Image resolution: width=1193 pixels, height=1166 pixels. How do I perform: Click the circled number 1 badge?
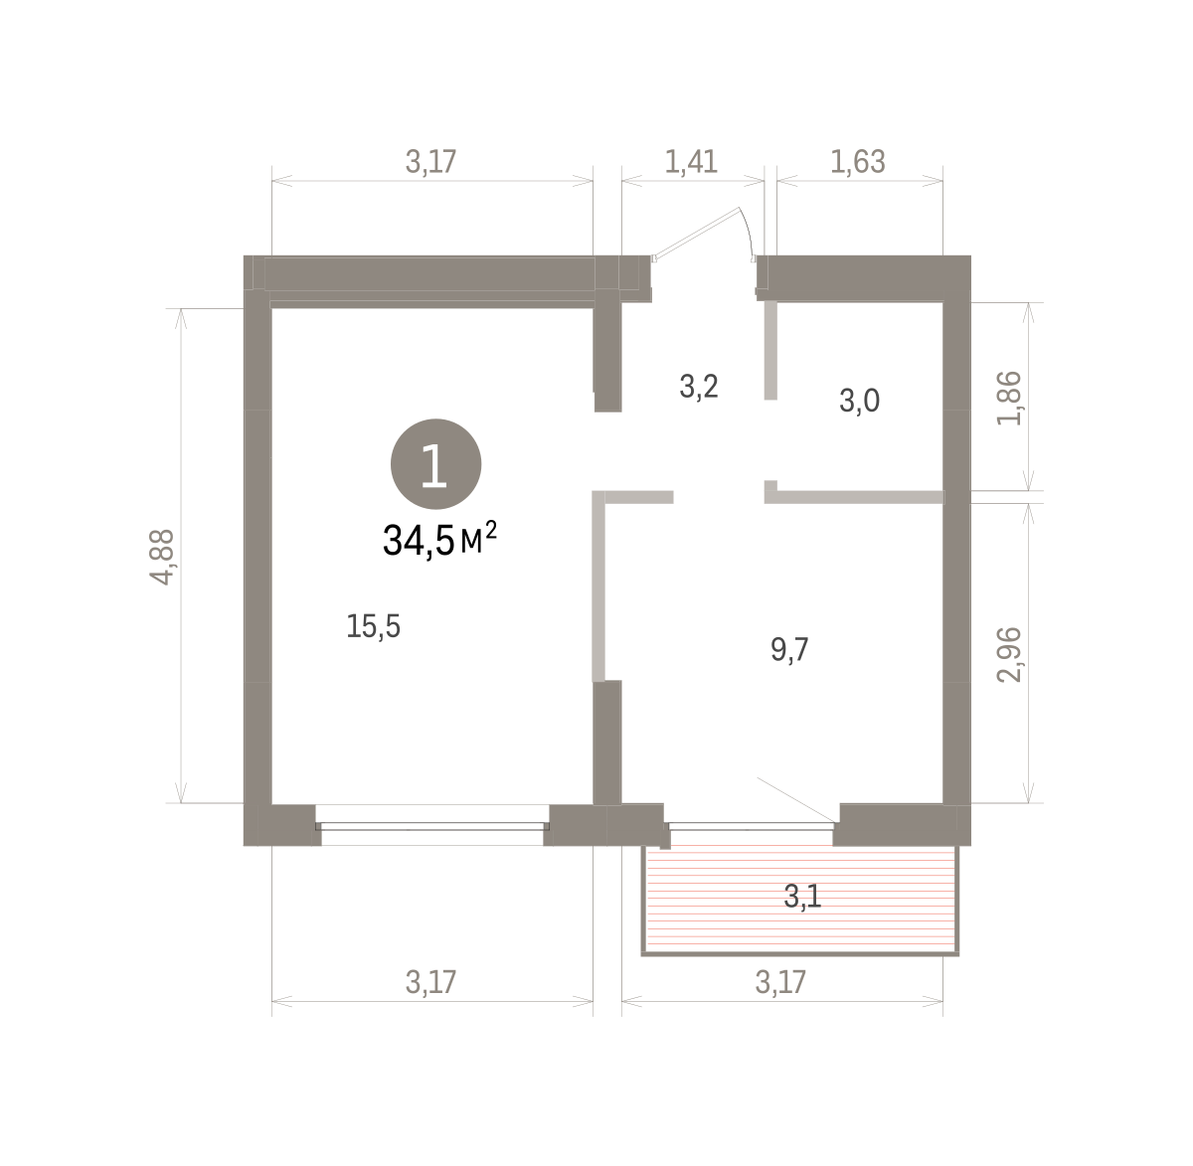point(435,464)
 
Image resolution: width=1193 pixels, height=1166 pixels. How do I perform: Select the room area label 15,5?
point(373,626)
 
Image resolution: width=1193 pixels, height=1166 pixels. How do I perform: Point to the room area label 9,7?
point(789,650)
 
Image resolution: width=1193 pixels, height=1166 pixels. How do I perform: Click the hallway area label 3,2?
point(698,387)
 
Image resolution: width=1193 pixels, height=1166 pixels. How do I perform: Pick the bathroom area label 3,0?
point(859,401)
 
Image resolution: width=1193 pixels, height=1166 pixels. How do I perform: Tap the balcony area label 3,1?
point(802,897)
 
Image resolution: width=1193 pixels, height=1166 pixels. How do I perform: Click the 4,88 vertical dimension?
point(162,558)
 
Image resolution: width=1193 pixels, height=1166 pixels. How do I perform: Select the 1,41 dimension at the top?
point(691,162)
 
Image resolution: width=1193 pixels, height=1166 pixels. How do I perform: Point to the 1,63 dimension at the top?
point(858,162)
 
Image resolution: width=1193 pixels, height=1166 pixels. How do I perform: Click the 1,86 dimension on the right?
point(1009,399)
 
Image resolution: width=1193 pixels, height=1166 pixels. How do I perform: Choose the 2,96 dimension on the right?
point(1009,655)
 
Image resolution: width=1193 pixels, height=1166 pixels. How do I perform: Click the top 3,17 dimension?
point(431,162)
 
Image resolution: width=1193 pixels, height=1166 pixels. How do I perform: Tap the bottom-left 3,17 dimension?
point(431,982)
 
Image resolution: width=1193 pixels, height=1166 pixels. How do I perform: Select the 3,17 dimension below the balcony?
point(780,982)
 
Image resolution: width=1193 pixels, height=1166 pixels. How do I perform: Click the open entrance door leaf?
point(697,233)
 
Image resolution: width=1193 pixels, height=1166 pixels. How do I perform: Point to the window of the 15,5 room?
point(432,826)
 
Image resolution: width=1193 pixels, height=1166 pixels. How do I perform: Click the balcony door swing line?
point(797,800)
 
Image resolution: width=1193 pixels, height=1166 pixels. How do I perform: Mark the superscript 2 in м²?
point(490,529)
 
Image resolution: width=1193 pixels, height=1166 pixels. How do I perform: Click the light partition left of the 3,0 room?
point(770,351)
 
